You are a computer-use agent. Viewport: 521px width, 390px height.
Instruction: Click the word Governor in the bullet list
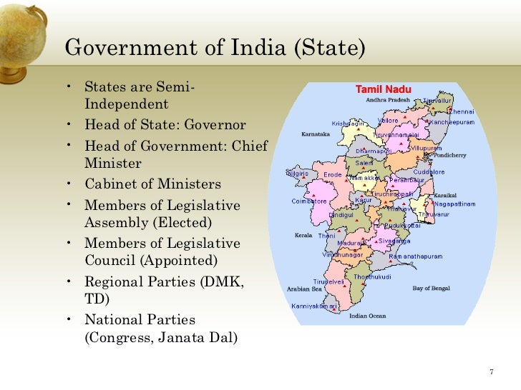(215, 125)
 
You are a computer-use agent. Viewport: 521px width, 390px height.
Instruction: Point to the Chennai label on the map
(461, 111)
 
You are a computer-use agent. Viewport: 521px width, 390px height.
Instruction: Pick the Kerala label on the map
(303, 235)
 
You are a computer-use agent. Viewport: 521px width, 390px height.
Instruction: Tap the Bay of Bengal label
(431, 288)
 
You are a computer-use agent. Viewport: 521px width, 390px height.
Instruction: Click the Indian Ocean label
(367, 316)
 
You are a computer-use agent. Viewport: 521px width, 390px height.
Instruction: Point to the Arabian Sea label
(304, 289)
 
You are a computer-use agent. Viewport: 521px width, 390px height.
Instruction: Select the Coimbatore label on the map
(309, 201)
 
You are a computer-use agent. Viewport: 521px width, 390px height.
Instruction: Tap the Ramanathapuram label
(415, 256)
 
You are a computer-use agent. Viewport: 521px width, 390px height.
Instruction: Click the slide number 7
(492, 371)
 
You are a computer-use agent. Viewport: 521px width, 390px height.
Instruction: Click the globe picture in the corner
(21, 29)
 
